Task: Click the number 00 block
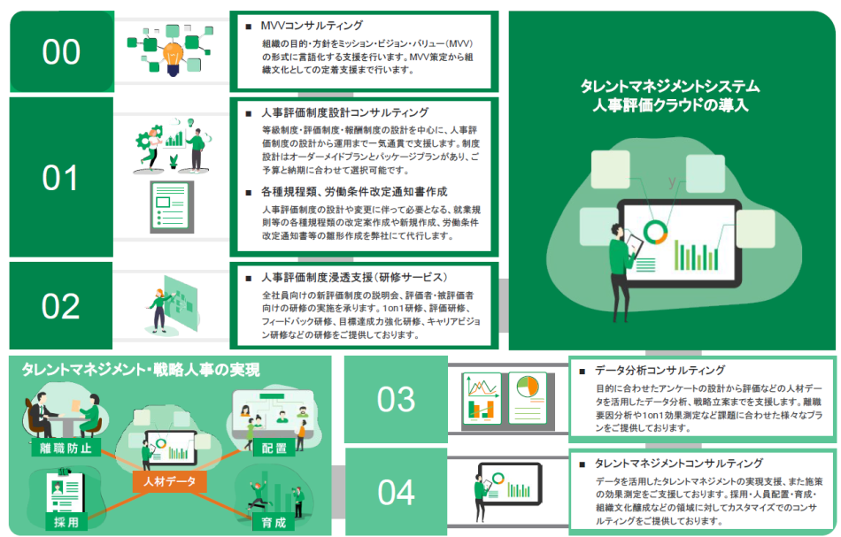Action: (62, 51)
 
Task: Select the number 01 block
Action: (61, 177)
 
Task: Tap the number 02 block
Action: (60, 305)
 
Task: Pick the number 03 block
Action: (396, 399)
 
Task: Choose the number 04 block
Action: (396, 492)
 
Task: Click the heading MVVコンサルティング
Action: (312, 25)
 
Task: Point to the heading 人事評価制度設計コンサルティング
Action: (345, 112)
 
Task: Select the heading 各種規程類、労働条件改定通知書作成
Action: (354, 192)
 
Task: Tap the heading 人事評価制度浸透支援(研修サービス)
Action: (354, 278)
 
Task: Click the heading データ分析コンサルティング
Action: (660, 371)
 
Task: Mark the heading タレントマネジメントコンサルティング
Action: (678, 464)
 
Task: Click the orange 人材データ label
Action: (169, 481)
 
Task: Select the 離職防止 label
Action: (66, 448)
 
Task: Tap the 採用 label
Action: (66, 522)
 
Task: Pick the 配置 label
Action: (274, 448)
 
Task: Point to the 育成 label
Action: (274, 522)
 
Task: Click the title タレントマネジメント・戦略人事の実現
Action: (141, 369)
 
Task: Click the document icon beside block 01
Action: (172, 206)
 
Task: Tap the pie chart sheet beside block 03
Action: (529, 398)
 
